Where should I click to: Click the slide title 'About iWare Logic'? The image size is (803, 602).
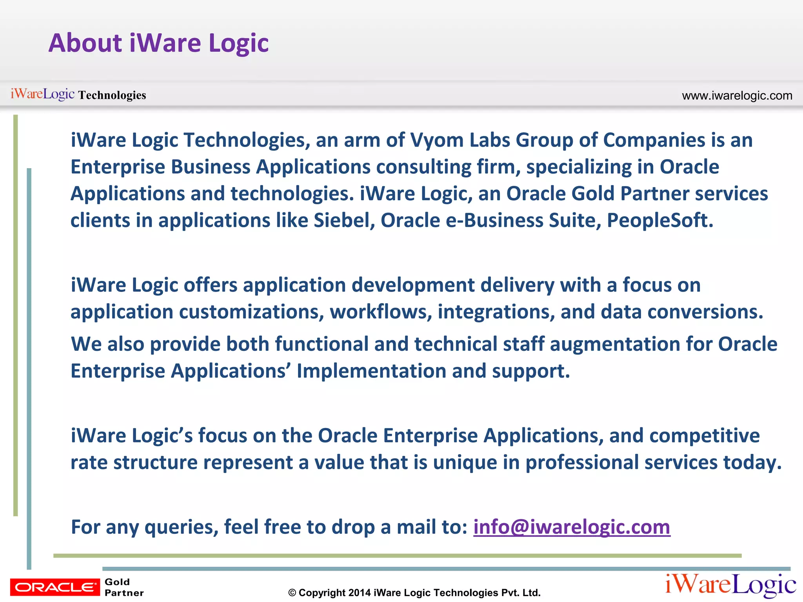click(158, 43)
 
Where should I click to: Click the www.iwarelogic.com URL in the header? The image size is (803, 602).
click(737, 96)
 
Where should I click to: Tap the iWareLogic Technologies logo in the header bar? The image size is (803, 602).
click(78, 94)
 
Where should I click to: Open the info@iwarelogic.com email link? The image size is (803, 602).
click(572, 527)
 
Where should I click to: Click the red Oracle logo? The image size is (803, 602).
click(55, 587)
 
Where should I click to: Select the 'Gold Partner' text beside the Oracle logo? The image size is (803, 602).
click(124, 587)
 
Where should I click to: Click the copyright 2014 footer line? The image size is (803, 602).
click(414, 593)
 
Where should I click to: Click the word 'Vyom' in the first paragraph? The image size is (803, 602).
click(437, 140)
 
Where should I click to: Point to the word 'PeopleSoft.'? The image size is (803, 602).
click(660, 221)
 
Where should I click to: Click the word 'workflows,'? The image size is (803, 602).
click(381, 312)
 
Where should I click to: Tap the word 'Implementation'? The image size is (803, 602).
click(371, 371)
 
